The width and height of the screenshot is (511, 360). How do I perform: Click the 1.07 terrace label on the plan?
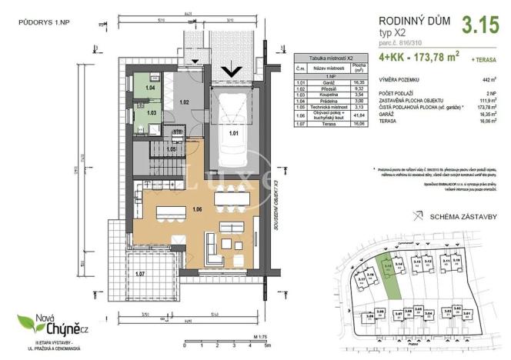tap(139, 273)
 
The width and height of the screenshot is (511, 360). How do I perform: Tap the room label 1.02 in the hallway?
tap(184, 102)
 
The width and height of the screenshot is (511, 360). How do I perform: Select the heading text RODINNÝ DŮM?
tap(408, 22)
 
